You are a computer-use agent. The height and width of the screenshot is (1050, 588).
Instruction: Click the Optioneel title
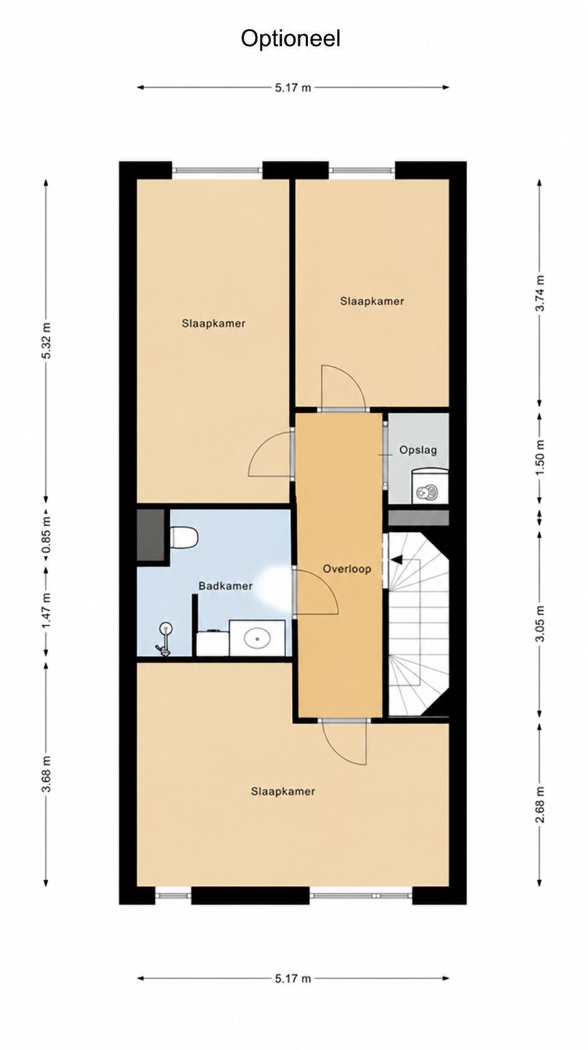pyautogui.click(x=291, y=39)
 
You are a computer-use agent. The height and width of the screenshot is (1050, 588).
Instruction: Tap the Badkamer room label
pyautogui.click(x=225, y=586)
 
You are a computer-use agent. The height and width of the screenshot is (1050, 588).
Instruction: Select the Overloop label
pyautogui.click(x=347, y=569)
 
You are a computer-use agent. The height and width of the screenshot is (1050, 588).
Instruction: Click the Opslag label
pyautogui.click(x=418, y=450)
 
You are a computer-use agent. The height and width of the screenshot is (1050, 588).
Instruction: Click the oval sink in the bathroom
pyautogui.click(x=257, y=638)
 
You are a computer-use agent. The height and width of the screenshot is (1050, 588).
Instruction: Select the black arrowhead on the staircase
pyautogui.click(x=396, y=559)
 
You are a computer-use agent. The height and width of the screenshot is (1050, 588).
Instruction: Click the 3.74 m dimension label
pyautogui.click(x=540, y=293)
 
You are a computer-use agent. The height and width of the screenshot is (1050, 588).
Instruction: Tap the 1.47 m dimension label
pyautogui.click(x=46, y=611)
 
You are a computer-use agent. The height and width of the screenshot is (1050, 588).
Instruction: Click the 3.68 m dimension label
pyautogui.click(x=46, y=774)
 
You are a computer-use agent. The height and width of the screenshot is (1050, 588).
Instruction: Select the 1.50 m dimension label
pyautogui.click(x=540, y=457)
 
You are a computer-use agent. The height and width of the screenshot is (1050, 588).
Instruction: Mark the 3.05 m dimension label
pyautogui.click(x=540, y=624)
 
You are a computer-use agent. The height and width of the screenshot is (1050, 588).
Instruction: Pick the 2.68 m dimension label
pyautogui.click(x=540, y=804)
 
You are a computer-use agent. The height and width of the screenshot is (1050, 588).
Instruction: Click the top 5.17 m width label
pyautogui.click(x=293, y=88)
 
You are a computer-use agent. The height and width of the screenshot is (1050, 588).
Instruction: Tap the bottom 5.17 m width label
pyautogui.click(x=293, y=979)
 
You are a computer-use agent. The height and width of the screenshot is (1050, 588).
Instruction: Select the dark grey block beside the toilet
pyautogui.click(x=150, y=535)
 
